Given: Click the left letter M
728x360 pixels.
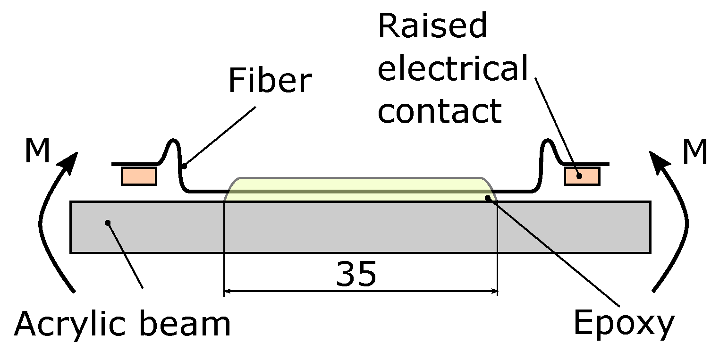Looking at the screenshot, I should (x=37, y=151).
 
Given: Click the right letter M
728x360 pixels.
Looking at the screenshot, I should (x=695, y=152).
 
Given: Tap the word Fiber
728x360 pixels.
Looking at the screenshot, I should (x=270, y=81).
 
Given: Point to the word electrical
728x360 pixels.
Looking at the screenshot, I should (x=452, y=69).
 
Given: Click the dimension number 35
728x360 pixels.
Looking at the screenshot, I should (x=356, y=273).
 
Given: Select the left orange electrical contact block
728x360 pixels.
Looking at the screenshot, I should (x=139, y=176).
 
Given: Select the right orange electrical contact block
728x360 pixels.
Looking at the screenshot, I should (x=582, y=176).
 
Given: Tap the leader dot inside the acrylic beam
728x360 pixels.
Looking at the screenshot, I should (x=108, y=222).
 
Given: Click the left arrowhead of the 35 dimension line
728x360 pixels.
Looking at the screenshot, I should (x=226, y=292).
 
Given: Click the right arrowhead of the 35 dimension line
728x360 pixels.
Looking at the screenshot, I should (x=495, y=292).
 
